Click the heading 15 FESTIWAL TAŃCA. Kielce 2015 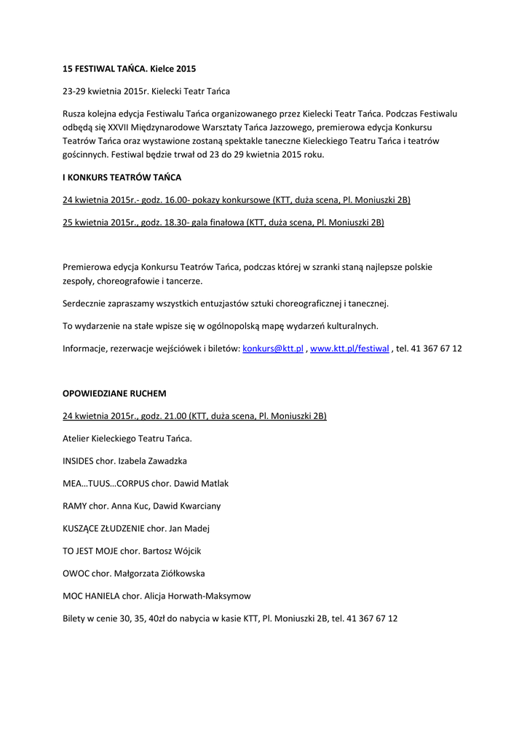pos(130,68)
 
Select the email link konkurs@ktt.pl pos(272,348)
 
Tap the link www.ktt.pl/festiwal pos(349,348)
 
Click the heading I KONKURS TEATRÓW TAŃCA pos(122,177)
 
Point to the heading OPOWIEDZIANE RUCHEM pos(114,393)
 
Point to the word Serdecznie pos(86,303)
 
